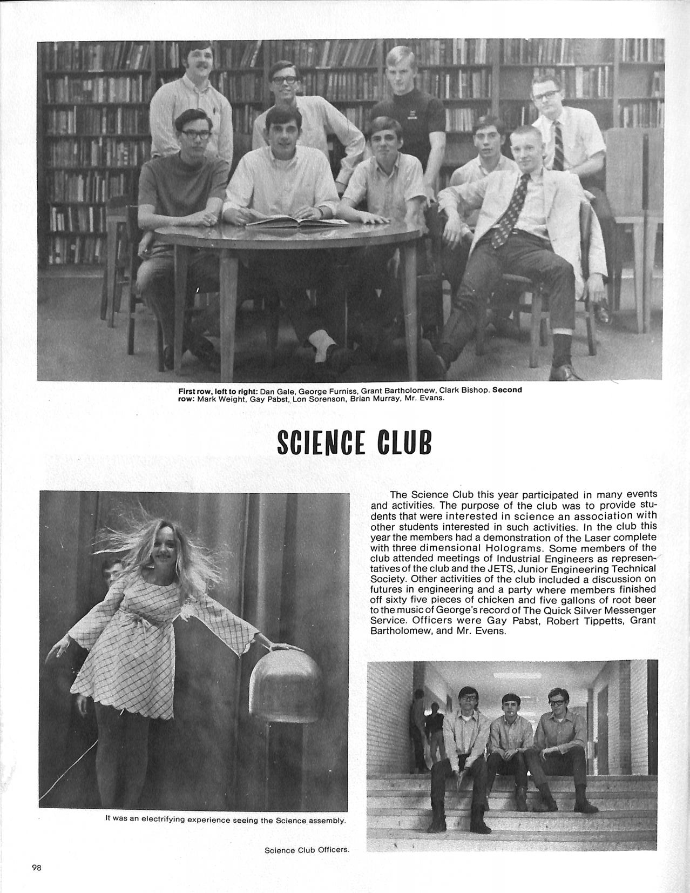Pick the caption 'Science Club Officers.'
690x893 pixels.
307,850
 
